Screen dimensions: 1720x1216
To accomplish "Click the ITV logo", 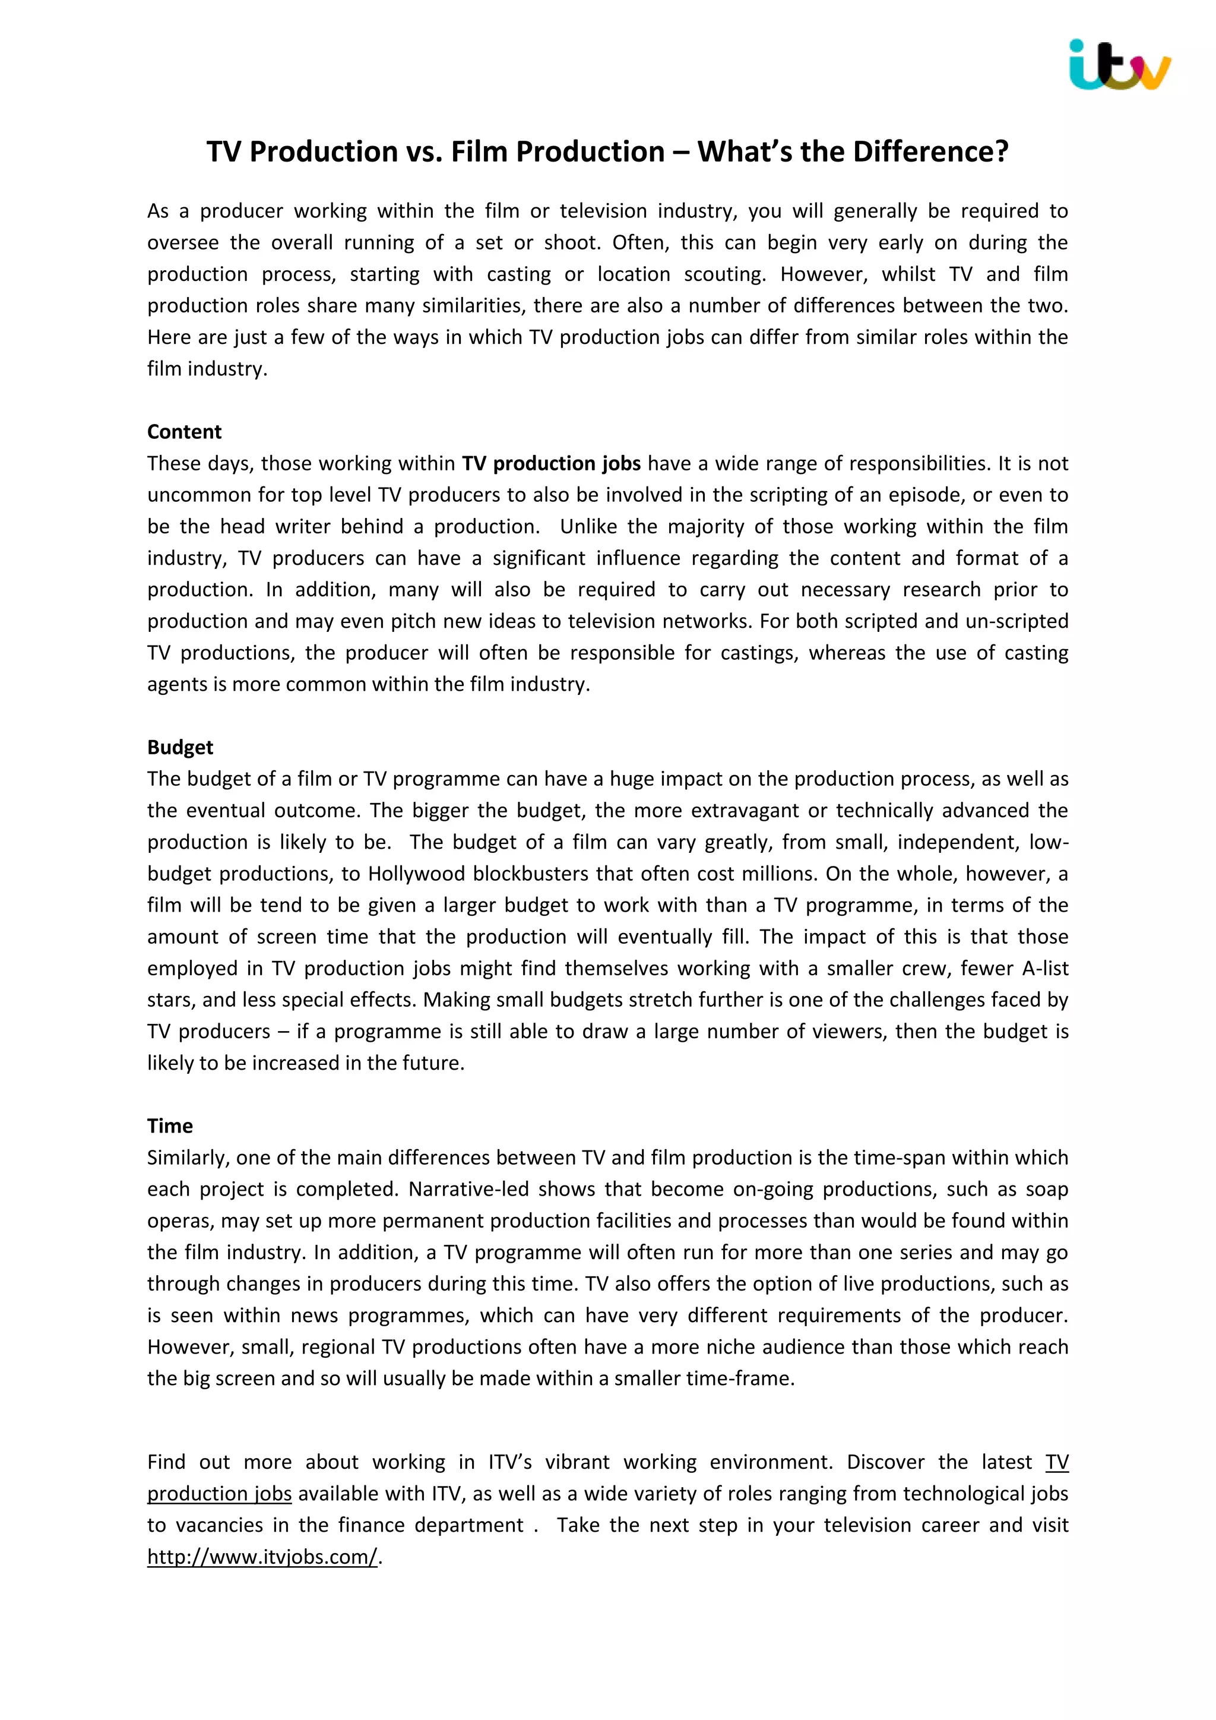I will [x=1119, y=66].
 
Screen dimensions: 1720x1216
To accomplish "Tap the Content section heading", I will [x=184, y=432].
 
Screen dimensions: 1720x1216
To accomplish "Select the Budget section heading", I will [x=180, y=747].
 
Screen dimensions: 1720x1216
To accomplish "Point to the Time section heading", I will [x=170, y=1126].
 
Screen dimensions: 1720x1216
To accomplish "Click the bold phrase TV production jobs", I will [x=551, y=464].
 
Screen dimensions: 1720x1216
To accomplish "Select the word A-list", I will [x=1045, y=969].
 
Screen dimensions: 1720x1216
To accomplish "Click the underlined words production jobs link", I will [x=219, y=1494].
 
